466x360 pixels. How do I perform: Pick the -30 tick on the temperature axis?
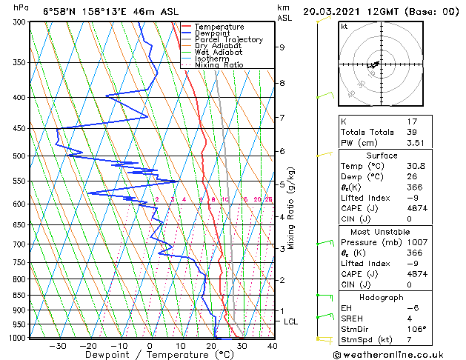57,345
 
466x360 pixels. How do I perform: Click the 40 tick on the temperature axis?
273,345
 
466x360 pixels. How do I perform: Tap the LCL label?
291,321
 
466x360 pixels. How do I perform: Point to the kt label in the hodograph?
344,26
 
